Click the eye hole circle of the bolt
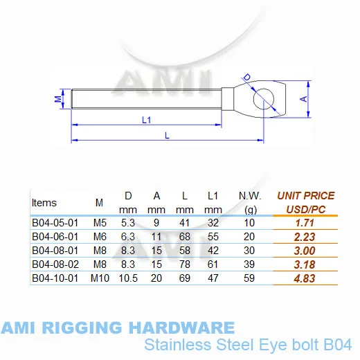[254, 99]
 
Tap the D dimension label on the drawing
[247, 78]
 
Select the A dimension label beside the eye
[304, 99]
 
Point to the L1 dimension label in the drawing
[146, 120]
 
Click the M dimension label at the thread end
[58, 99]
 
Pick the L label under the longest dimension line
[168, 136]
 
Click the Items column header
[44, 203]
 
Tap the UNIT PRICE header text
[306, 196]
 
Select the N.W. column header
[250, 196]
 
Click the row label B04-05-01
[55, 223]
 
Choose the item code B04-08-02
[55, 264]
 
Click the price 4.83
[305, 278]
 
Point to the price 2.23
[305, 237]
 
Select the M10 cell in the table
[100, 278]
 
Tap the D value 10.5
[128, 278]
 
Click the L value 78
[185, 264]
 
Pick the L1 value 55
[213, 237]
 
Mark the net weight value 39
[249, 264]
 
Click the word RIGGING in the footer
[82, 327]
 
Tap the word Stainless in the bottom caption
[178, 345]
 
